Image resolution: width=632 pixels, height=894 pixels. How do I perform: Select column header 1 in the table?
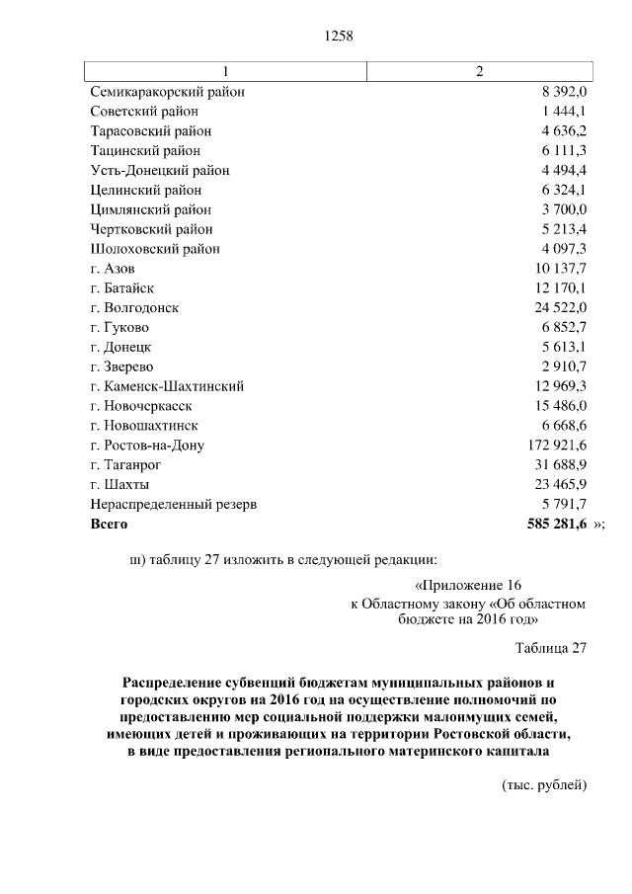(x=225, y=72)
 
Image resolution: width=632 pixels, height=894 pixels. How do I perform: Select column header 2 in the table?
(x=480, y=72)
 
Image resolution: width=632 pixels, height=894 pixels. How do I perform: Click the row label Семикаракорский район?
(x=167, y=92)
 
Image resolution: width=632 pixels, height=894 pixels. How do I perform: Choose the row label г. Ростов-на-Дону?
(x=147, y=446)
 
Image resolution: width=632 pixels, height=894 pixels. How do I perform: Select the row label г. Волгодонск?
(x=134, y=308)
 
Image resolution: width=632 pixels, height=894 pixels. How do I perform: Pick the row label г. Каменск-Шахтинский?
(x=166, y=386)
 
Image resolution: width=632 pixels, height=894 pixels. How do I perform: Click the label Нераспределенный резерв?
(x=173, y=505)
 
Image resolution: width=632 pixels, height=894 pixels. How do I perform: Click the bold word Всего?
(x=109, y=525)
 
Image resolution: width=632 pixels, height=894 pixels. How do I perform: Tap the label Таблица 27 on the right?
(x=551, y=649)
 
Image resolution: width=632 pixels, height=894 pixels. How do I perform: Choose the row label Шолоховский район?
(x=155, y=249)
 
